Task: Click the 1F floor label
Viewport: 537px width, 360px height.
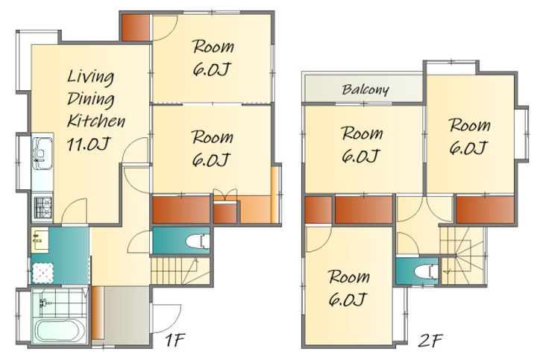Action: [x=175, y=340]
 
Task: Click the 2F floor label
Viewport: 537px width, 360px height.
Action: [x=430, y=340]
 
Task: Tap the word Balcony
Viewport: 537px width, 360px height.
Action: [x=365, y=89]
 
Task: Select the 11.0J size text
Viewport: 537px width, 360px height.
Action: [x=88, y=144]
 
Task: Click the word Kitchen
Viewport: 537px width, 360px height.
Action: [x=96, y=121]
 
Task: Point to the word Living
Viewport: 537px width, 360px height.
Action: [x=90, y=77]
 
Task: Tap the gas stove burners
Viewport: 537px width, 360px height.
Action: [x=43, y=207]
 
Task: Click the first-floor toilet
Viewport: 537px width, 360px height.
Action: [x=198, y=241]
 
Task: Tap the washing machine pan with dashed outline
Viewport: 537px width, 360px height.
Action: [x=43, y=273]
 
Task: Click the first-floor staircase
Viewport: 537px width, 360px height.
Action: [x=180, y=271]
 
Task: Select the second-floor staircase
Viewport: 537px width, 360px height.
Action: [x=463, y=256]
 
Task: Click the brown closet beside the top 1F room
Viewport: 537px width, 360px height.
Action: [x=136, y=28]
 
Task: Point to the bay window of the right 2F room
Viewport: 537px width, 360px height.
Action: [x=523, y=134]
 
